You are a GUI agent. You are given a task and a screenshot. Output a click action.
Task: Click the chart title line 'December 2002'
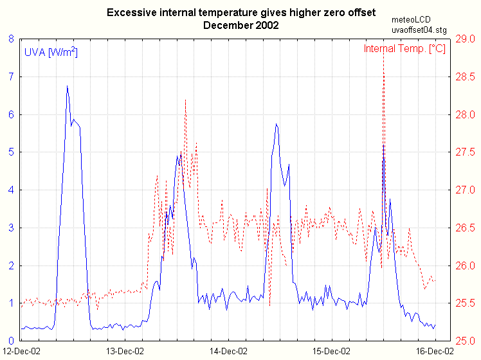coord(241,25)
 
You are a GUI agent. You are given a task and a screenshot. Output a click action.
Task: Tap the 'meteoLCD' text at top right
coord(412,20)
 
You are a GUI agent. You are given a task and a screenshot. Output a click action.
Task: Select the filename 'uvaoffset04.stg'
coord(418,30)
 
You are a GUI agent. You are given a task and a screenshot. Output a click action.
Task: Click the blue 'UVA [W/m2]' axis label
coord(51,53)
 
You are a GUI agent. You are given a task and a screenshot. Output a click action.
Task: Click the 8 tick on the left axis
coord(11,39)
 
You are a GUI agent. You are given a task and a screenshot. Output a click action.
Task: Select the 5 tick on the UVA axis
coord(11,152)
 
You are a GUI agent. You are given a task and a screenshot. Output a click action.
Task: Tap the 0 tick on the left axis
coord(11,341)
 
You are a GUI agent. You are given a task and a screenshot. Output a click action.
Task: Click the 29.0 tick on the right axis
coord(464,39)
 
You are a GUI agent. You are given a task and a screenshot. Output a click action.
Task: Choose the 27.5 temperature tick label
coord(464,152)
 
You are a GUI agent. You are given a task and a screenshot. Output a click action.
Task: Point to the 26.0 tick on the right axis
coord(464,265)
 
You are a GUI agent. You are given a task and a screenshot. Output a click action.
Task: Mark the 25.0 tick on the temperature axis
coord(464,341)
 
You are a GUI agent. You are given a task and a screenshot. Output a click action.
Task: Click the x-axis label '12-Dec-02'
coord(22,351)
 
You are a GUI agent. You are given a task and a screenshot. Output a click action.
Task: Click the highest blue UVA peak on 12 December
coord(67,86)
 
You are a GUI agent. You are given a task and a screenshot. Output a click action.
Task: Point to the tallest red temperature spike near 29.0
coord(384,50)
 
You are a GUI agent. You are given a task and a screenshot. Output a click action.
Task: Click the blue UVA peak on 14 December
coord(277,125)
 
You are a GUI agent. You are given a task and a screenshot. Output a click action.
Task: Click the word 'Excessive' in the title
coord(129,13)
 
